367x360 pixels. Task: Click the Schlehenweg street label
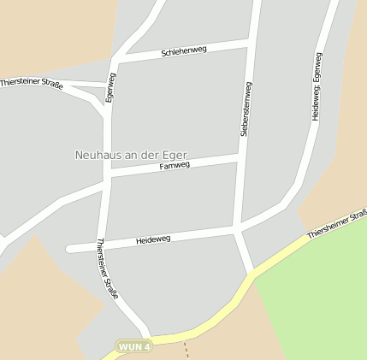184,52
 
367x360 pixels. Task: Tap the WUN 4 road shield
135,347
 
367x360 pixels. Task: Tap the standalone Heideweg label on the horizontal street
153,239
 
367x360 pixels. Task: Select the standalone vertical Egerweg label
110,87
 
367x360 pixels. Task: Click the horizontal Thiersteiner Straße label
32,83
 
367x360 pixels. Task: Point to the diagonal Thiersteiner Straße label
107,268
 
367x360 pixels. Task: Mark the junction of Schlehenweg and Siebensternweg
250,41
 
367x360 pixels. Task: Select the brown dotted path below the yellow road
186,350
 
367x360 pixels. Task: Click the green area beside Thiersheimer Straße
317,299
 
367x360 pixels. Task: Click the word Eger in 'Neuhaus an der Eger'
175,156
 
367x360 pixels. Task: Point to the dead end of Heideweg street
69,250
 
